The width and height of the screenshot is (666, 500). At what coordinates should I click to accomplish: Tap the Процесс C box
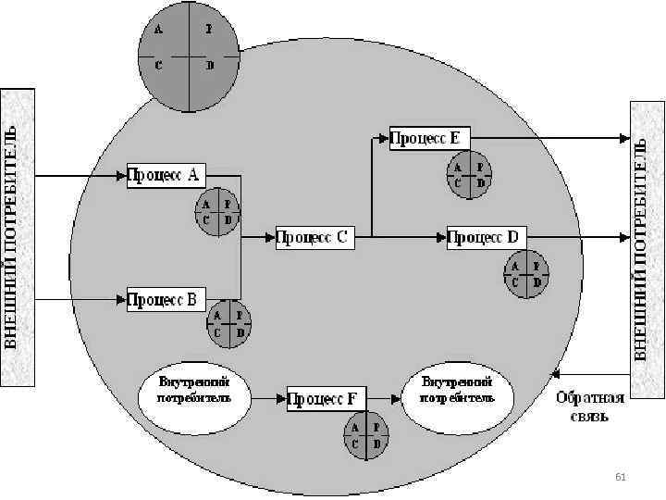(x=314, y=238)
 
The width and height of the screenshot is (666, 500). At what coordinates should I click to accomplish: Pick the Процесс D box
(x=486, y=238)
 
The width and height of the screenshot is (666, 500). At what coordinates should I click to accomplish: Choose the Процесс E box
(x=430, y=138)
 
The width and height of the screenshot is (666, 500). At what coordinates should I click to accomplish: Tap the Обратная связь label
(x=590, y=408)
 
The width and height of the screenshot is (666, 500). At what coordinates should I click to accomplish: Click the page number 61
(x=621, y=477)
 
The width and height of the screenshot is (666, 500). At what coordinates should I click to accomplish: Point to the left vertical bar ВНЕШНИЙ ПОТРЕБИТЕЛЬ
(x=18, y=238)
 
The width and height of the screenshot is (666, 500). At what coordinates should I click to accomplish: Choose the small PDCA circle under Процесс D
(x=525, y=275)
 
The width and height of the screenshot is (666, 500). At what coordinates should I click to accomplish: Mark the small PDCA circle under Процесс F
(x=366, y=436)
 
